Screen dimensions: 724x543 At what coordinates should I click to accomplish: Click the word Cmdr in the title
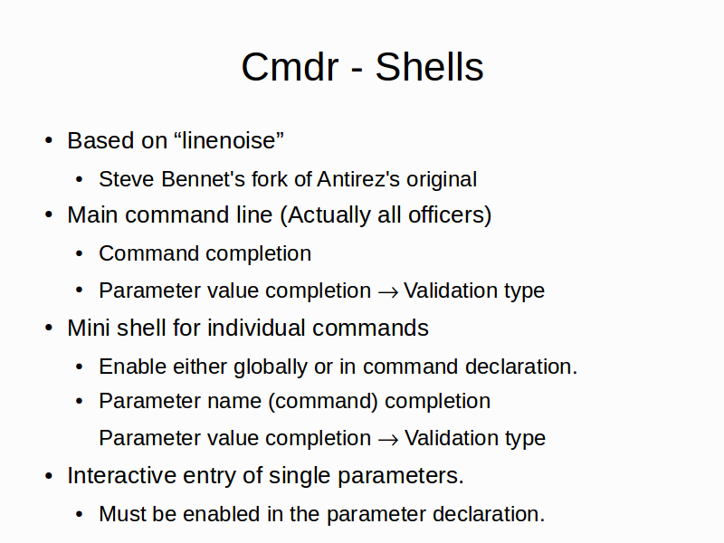click(290, 67)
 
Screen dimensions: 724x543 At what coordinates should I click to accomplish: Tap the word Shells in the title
click(429, 67)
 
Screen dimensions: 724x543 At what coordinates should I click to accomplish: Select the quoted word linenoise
click(229, 140)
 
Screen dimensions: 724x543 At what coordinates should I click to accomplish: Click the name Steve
click(127, 179)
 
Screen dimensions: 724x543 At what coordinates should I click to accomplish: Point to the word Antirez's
click(358, 179)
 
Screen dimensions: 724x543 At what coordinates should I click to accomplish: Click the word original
click(442, 179)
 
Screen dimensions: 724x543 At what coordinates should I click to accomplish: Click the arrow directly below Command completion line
click(388, 292)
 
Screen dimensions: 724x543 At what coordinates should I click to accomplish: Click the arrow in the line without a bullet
click(388, 440)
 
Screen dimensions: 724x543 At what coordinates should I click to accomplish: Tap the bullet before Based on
click(49, 140)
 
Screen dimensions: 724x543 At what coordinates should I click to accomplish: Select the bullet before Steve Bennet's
click(80, 179)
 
